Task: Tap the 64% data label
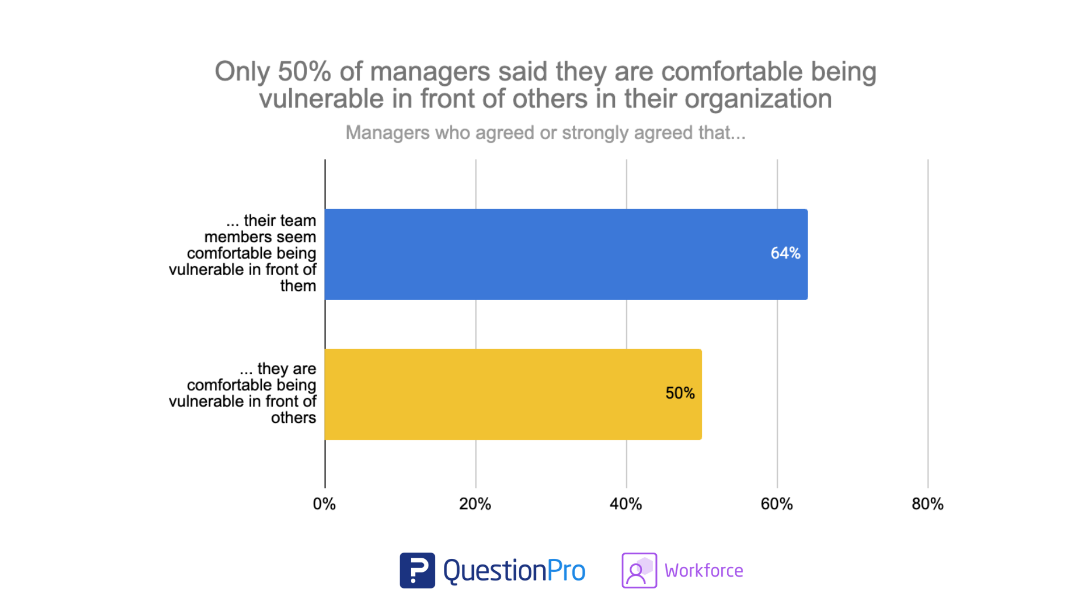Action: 785,253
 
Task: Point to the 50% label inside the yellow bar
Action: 680,393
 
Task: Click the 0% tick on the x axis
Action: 324,504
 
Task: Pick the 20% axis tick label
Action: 475,504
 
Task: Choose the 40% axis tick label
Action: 626,504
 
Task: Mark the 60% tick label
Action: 776,504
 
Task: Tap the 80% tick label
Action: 927,504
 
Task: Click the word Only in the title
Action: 242,72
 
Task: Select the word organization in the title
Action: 758,99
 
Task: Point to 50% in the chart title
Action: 304,72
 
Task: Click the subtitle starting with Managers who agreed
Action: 545,132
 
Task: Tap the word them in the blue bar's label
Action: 298,286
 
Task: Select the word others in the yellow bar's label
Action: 293,418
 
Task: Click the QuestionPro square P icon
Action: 417,570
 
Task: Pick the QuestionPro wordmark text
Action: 514,570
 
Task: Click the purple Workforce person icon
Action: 639,570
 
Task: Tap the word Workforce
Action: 703,570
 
